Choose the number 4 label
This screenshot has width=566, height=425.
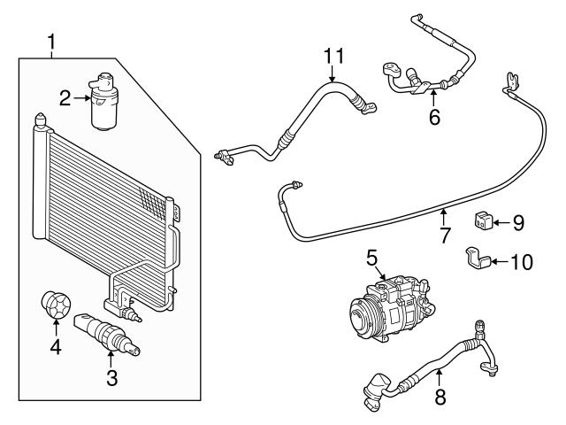pyautogui.click(x=56, y=348)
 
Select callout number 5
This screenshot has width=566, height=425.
pyautogui.click(x=372, y=259)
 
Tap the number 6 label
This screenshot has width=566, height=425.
pyautogui.click(x=434, y=117)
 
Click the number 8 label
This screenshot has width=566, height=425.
pyautogui.click(x=440, y=397)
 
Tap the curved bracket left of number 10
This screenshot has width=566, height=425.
pyautogui.click(x=478, y=259)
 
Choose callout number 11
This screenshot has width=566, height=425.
pyautogui.click(x=332, y=57)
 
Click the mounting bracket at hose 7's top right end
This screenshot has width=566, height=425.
pyautogui.click(x=510, y=84)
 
